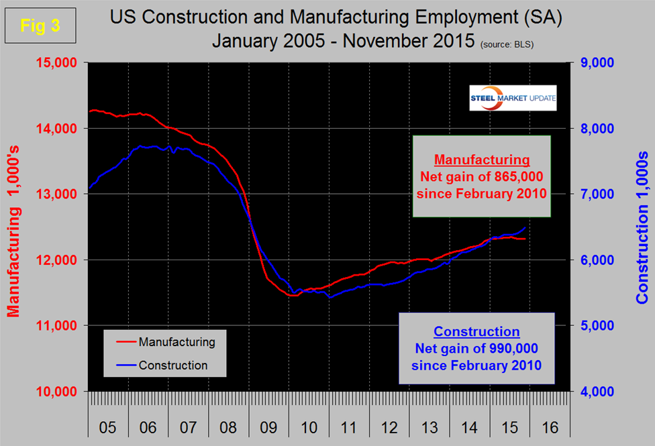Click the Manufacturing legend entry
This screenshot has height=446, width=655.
(x=177, y=342)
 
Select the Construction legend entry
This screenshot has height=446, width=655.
(x=173, y=366)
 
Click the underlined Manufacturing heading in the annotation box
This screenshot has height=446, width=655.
(x=482, y=161)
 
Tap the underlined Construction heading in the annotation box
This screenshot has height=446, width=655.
(x=476, y=331)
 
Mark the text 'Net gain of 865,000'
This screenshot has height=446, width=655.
(x=482, y=177)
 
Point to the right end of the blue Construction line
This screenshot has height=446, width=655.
(x=525, y=227)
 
